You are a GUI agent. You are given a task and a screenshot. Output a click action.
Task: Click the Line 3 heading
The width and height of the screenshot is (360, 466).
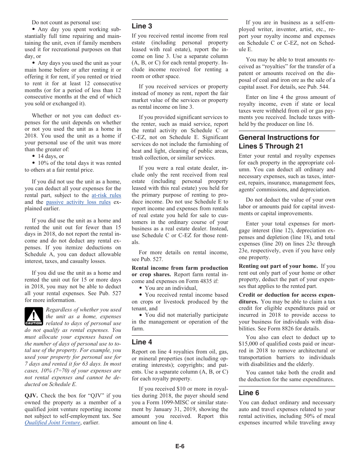click(142, 26)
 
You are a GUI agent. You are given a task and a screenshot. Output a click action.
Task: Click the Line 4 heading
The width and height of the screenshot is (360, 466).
click(142, 342)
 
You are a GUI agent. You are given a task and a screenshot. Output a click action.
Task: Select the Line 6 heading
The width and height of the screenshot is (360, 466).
click(249, 393)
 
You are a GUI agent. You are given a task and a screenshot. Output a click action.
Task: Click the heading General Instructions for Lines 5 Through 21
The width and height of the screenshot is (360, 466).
click(279, 142)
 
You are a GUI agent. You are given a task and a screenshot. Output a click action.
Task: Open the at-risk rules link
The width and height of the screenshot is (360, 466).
click(106, 195)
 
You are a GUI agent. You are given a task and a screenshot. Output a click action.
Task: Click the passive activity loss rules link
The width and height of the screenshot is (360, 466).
click(78, 202)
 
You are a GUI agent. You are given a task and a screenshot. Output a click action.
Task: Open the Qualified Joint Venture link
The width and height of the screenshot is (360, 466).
click(52, 423)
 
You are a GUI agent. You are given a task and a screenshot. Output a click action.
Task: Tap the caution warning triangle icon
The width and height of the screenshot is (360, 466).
click(34, 317)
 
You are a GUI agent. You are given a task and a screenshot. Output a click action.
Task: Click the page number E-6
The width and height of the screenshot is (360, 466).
click(180, 446)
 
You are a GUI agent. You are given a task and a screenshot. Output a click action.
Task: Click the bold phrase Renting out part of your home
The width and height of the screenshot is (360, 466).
click(278, 266)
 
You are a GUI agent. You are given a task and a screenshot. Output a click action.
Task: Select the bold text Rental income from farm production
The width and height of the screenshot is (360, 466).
click(180, 268)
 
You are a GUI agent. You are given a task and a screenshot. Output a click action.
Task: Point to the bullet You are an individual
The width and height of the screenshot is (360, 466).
click(171, 288)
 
